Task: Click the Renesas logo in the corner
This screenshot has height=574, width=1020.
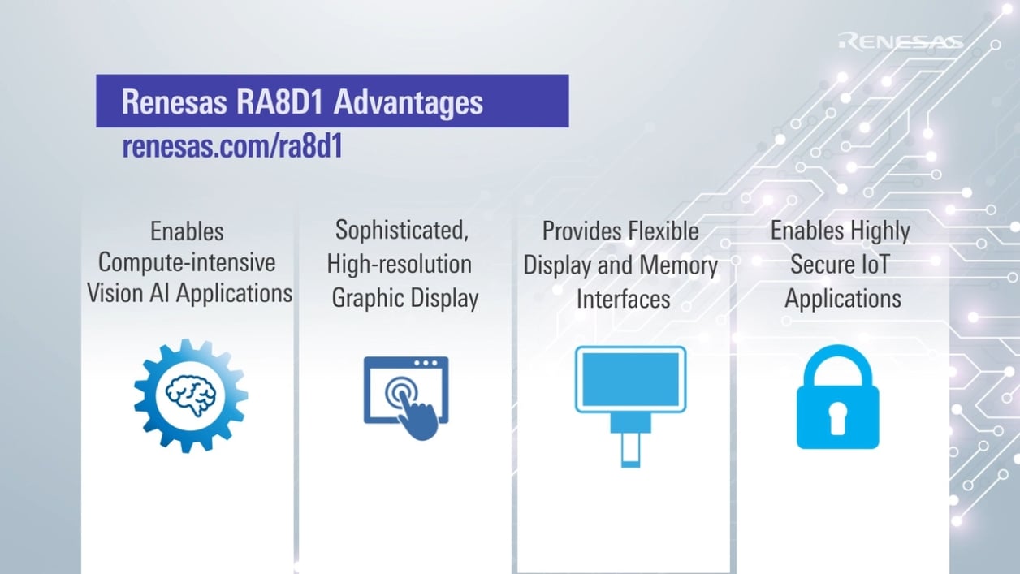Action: click(901, 41)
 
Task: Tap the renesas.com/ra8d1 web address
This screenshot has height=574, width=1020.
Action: click(231, 147)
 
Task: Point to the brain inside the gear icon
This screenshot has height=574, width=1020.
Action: click(191, 395)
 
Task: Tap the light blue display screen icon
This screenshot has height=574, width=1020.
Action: click(630, 379)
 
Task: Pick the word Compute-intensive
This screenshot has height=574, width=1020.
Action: click(187, 263)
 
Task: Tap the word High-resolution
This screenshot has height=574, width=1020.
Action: click(399, 264)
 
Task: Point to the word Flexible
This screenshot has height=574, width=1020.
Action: click(661, 231)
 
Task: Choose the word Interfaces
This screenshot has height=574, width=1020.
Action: click(623, 299)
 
